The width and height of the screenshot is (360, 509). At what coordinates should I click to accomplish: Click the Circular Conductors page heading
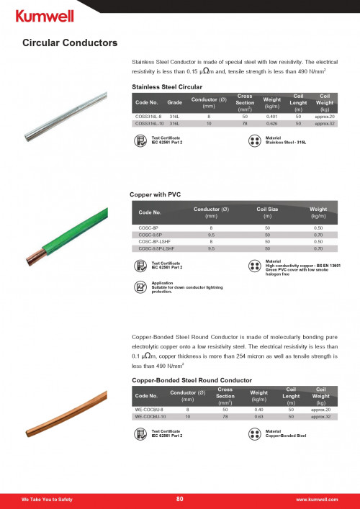pos(69,44)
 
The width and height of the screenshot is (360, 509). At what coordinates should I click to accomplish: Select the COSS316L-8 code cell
pos(148,115)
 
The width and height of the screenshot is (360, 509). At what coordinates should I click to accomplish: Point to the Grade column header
pos(176,103)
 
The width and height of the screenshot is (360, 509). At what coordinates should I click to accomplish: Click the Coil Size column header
pos(267,210)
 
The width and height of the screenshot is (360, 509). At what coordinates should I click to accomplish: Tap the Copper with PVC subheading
pos(156,194)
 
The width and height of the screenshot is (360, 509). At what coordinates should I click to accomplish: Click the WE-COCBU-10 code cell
pos(150,416)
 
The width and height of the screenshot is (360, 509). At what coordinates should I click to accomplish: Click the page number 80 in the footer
pos(180,499)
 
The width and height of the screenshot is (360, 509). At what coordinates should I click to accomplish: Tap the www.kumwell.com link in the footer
pos(317,499)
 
